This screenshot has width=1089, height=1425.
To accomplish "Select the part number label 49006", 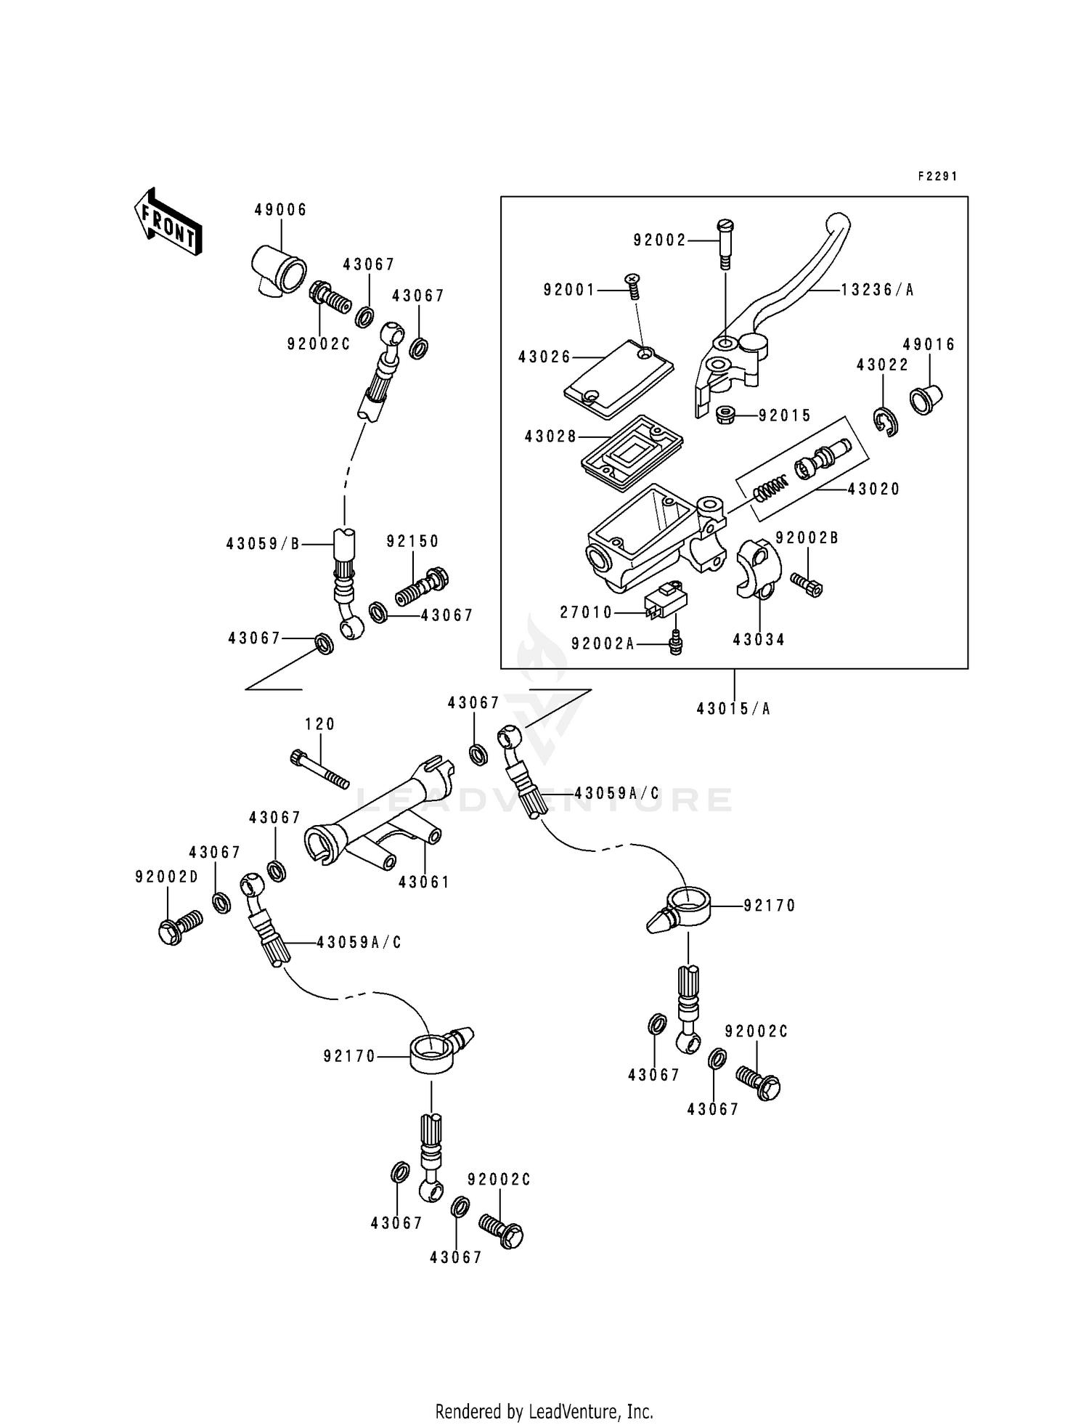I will pos(280,210).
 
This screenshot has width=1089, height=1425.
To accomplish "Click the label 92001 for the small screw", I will pos(569,290).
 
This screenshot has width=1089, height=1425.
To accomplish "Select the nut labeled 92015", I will pos(727,416).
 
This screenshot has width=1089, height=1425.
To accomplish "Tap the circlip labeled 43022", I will pos(886,422).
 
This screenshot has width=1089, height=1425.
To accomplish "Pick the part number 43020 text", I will pos(873,490).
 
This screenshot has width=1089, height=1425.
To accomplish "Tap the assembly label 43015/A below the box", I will pos(733,708).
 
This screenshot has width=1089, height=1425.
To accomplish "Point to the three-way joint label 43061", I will pos(424,882).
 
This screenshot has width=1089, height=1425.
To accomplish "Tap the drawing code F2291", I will pos(937,176).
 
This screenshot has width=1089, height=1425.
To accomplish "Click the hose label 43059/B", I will pos(263,543).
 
